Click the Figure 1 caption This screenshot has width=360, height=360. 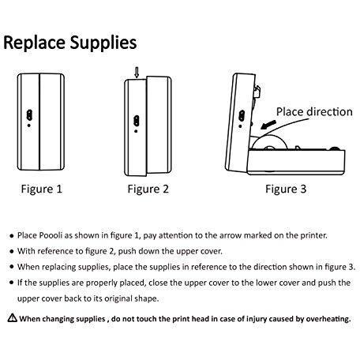(40, 189)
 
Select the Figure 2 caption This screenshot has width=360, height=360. (148, 189)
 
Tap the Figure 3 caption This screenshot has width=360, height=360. (285, 189)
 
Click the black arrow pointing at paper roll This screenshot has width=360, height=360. (267, 123)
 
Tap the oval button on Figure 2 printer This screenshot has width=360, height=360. (135, 121)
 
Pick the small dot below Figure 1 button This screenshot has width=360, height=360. (29, 125)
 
